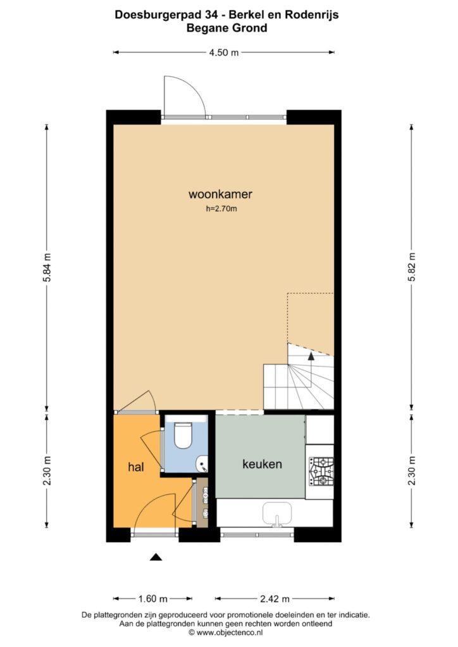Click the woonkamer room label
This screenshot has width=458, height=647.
tap(220, 194)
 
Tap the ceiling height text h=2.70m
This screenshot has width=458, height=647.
tap(221, 209)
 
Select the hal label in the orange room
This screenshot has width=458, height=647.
tap(136, 467)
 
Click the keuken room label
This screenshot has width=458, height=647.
tap(263, 464)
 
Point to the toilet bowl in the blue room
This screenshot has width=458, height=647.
tap(183, 435)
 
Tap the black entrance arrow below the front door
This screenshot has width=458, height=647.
tap(156, 557)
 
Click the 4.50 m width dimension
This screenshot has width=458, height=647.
tap(224, 52)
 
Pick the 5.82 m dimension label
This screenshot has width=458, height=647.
tap(412, 267)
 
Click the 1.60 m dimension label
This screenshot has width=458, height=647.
tap(153, 599)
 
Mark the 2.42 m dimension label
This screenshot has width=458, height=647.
tap(275, 599)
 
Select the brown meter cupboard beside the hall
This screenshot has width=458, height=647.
tap(202, 502)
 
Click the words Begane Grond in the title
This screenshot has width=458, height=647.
tap(226, 28)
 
